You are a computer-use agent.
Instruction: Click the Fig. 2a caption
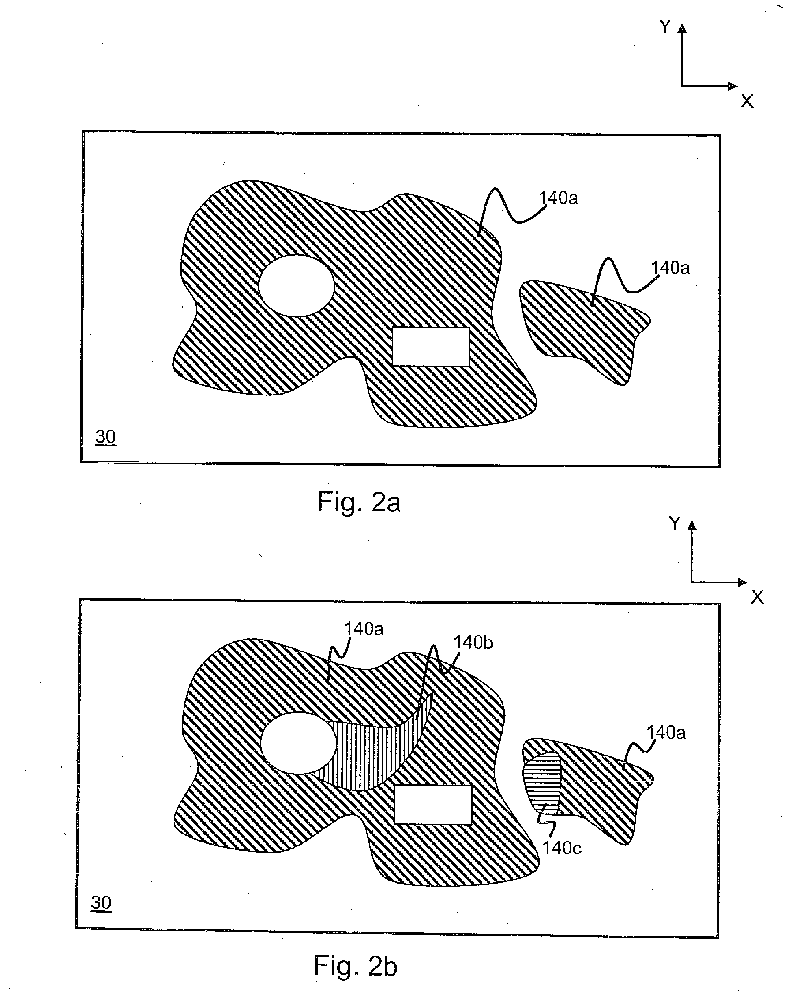pyautogui.click(x=358, y=502)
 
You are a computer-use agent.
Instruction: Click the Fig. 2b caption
pyautogui.click(x=355, y=966)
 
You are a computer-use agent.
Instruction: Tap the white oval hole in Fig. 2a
pyautogui.click(x=296, y=286)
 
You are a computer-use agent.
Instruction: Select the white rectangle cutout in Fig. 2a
pyautogui.click(x=431, y=346)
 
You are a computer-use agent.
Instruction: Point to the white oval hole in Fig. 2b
pyautogui.click(x=298, y=743)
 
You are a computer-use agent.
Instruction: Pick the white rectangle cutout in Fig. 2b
pyautogui.click(x=433, y=805)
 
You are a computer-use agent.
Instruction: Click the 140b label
pyautogui.click(x=473, y=643)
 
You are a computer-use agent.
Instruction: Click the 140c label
pyautogui.click(x=562, y=848)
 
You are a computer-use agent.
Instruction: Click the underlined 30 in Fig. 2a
pyautogui.click(x=105, y=437)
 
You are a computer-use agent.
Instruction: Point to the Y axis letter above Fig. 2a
pyautogui.click(x=665, y=26)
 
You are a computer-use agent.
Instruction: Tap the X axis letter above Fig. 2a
pyautogui.click(x=747, y=101)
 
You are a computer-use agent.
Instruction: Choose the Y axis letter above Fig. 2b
pyautogui.click(x=675, y=523)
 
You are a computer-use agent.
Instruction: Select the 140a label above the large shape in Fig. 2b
pyautogui.click(x=364, y=629)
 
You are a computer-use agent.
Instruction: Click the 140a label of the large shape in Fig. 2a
pyautogui.click(x=558, y=198)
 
